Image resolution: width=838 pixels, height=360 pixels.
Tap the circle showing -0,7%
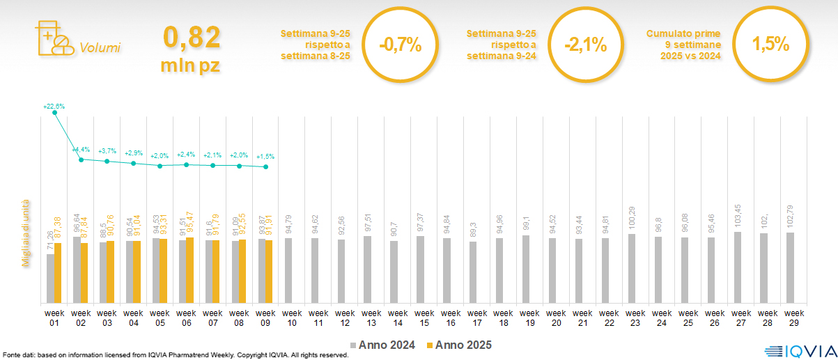click(401, 46)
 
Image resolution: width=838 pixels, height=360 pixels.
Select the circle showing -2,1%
click(586, 46)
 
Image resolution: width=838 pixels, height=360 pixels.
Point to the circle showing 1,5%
click(770, 46)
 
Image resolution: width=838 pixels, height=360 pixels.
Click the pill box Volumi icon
click(54, 38)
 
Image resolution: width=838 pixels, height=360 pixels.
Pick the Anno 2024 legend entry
click(382, 345)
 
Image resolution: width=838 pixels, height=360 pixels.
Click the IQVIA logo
click(794, 352)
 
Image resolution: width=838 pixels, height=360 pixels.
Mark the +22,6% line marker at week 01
click(54, 113)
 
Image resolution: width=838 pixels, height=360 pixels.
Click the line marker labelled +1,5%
click(266, 167)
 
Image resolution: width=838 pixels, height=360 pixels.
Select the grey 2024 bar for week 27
click(738, 267)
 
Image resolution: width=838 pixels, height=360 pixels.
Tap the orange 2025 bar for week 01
click(58, 273)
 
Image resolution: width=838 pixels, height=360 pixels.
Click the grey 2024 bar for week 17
click(473, 272)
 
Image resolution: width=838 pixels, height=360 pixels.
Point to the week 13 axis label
click(371, 318)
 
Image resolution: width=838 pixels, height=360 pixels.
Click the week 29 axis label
click(793, 318)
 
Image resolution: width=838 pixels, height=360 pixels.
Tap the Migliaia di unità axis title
click(26, 230)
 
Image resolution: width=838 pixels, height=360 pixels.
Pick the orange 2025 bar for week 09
click(269, 272)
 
